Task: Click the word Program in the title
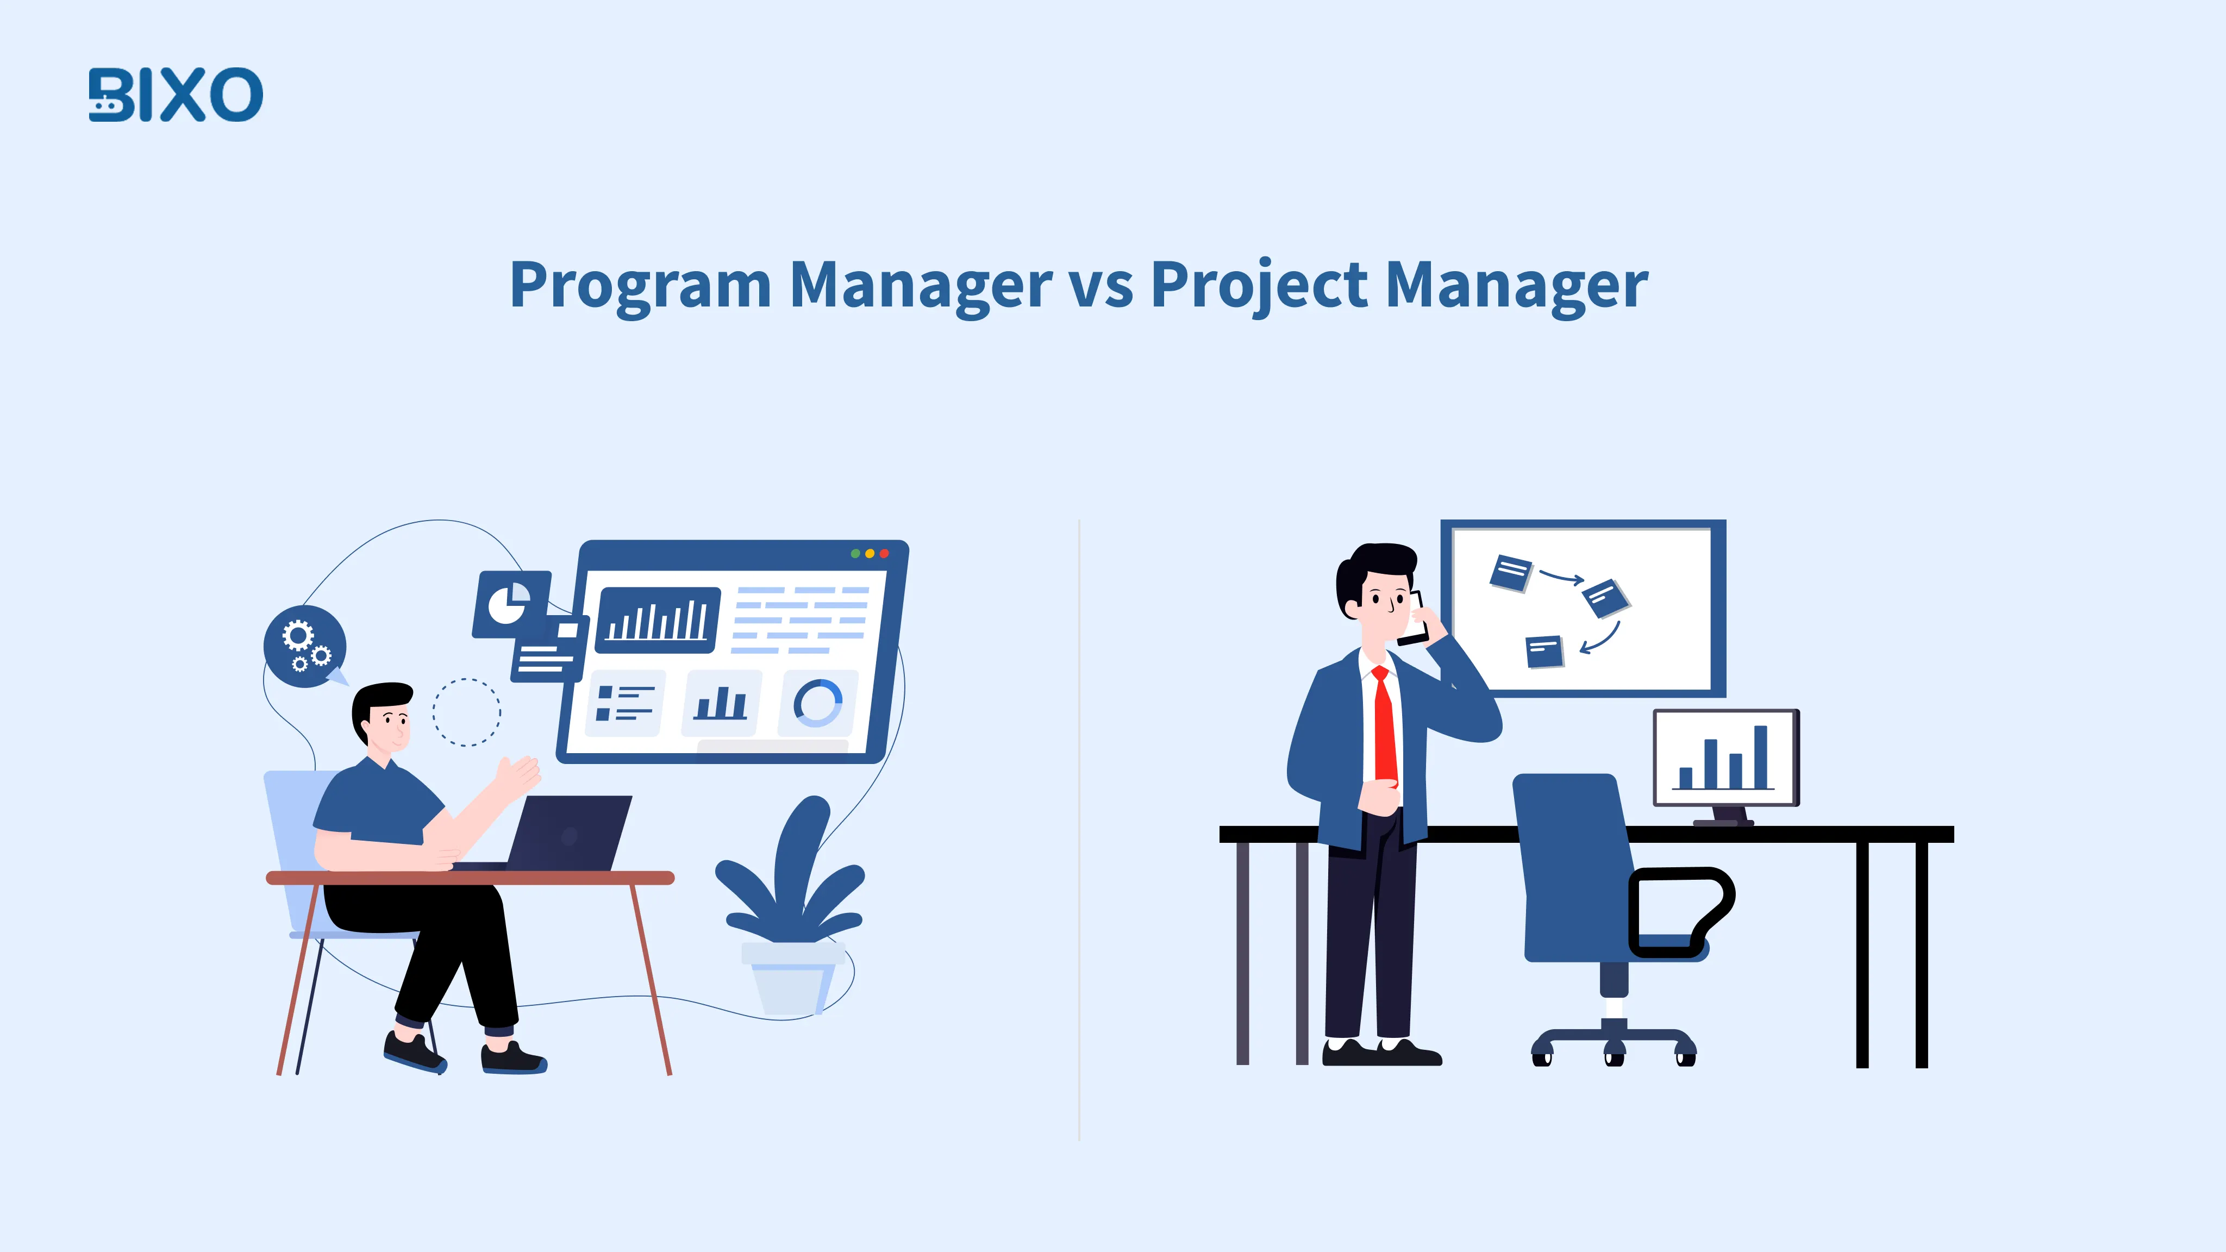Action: (640, 285)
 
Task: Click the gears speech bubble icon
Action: (304, 646)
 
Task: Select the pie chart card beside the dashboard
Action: (511, 603)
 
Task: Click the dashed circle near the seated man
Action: (467, 712)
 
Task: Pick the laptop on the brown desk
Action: (570, 833)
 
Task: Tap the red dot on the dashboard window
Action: (884, 554)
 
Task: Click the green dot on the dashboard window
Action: (855, 554)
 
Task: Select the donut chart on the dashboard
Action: (817, 703)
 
